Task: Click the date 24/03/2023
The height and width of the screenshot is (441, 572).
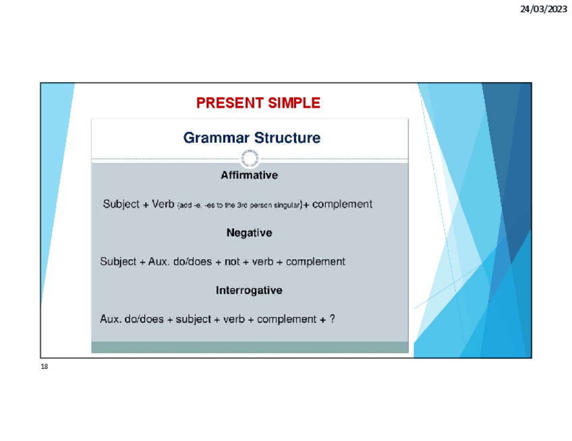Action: click(543, 9)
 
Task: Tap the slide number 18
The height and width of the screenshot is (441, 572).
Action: click(44, 366)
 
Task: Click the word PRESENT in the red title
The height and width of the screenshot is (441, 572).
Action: click(230, 103)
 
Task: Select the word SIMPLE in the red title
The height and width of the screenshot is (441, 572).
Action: click(294, 103)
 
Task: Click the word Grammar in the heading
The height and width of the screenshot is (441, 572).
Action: click(217, 137)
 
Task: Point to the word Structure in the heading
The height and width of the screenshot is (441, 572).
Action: click(287, 137)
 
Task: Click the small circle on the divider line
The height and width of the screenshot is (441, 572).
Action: click(250, 158)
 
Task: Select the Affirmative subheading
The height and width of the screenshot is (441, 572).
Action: click(250, 175)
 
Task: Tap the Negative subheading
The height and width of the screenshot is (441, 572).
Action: click(250, 233)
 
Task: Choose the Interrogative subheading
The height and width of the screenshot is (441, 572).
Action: click(249, 290)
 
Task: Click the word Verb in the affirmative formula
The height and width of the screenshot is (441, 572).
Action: click(163, 204)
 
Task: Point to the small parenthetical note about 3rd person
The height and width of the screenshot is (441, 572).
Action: click(240, 205)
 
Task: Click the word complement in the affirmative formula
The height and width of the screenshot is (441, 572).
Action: click(342, 204)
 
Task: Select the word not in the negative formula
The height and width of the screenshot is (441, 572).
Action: click(232, 261)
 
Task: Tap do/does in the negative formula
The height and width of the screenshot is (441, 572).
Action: click(193, 261)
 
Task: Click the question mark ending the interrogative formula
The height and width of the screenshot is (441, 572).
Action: click(332, 319)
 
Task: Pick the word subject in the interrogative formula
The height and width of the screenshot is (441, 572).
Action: click(194, 319)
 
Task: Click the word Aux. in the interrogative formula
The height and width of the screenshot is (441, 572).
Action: click(111, 319)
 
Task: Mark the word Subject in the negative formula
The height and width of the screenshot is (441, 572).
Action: click(118, 262)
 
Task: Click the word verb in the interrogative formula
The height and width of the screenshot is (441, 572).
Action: click(234, 319)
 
